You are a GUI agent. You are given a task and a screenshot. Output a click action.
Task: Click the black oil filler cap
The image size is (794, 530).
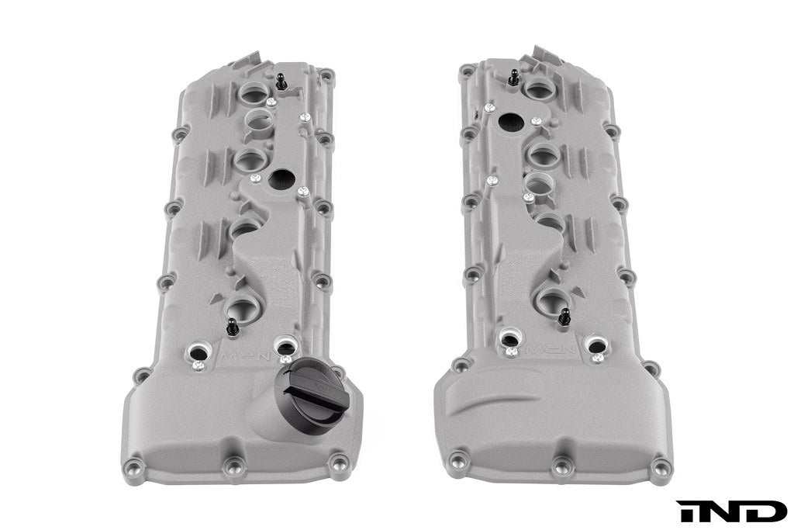click(x=312, y=386)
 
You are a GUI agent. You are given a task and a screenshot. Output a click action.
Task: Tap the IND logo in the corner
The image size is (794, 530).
click(x=731, y=511)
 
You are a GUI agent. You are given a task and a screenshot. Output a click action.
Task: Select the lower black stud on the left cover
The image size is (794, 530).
click(x=232, y=327)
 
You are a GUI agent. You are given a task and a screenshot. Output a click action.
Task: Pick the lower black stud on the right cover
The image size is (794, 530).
click(x=564, y=317)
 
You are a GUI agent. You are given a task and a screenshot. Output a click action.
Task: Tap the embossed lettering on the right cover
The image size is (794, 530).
click(x=552, y=349)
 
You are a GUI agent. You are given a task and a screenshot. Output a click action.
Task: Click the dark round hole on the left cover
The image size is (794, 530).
click(x=278, y=178)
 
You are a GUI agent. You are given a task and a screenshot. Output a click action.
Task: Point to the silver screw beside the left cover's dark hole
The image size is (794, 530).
click(x=303, y=191)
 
